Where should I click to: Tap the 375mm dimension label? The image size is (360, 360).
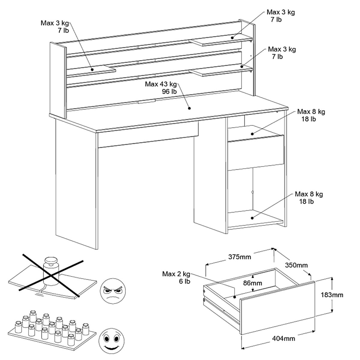(x=239, y=257)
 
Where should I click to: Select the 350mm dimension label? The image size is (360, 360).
(x=296, y=265)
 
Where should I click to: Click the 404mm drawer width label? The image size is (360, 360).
(x=283, y=338)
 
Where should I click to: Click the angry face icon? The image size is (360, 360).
(x=113, y=290)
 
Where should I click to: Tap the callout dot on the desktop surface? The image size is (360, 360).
(x=189, y=108)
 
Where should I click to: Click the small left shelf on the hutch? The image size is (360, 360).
(x=91, y=70)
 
